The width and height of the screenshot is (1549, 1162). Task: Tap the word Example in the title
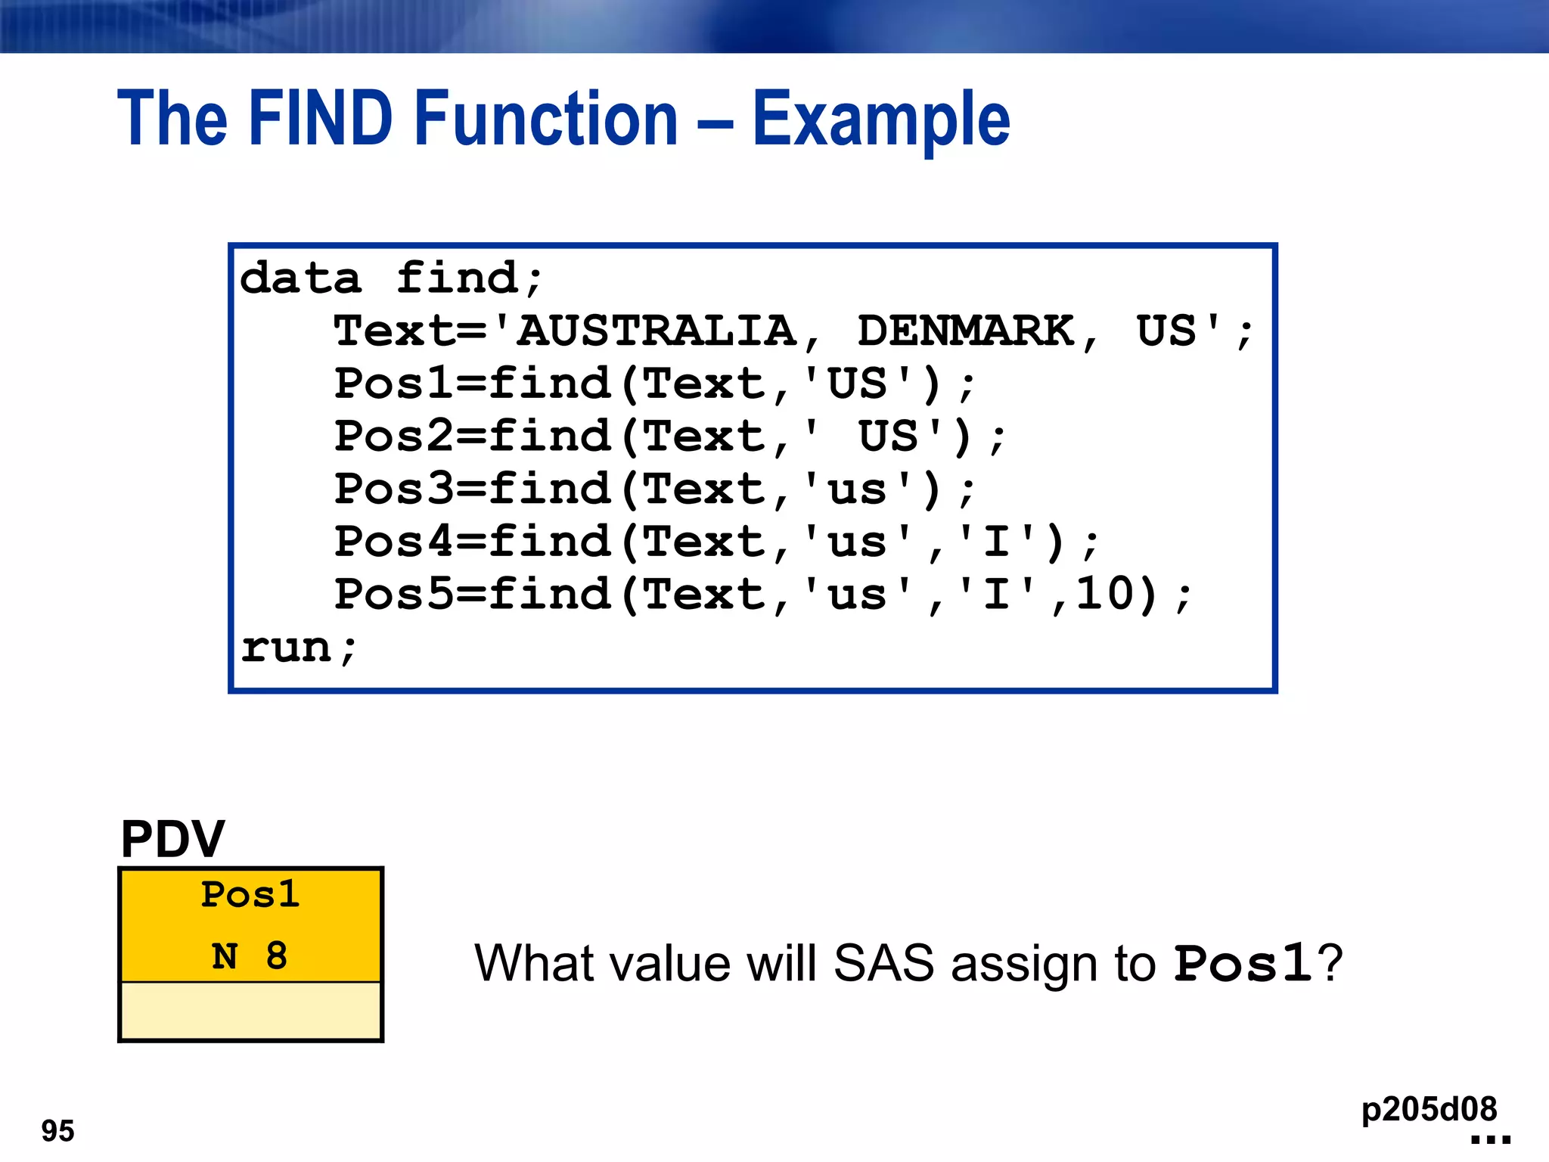pyautogui.click(x=881, y=120)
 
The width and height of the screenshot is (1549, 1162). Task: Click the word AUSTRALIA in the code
pyautogui.click(x=657, y=331)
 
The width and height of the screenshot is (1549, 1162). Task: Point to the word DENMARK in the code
pyautogui.click(x=966, y=331)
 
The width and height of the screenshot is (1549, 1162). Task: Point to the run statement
pyautogui.click(x=298, y=648)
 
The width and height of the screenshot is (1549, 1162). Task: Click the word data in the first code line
pyautogui.click(x=300, y=278)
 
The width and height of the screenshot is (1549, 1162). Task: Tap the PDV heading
pyautogui.click(x=172, y=839)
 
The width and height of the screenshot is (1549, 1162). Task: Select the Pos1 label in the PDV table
pyautogui.click(x=250, y=895)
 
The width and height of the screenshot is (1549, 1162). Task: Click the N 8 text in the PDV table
pyautogui.click(x=250, y=956)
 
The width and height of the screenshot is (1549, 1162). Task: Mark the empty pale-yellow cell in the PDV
pyautogui.click(x=250, y=1011)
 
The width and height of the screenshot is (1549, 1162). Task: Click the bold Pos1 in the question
pyautogui.click(x=1243, y=964)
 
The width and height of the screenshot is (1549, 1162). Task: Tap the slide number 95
pyautogui.click(x=57, y=1131)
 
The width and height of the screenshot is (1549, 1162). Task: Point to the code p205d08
pyautogui.click(x=1429, y=1109)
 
